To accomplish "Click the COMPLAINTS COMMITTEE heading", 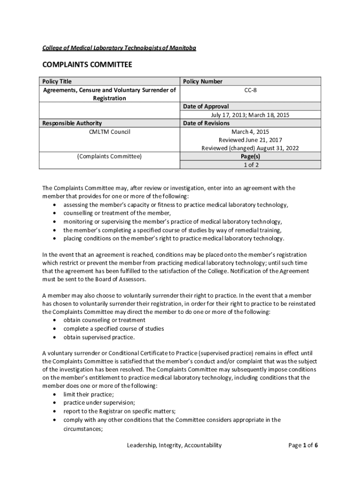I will coord(87,65).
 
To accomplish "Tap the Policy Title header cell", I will coord(57,81).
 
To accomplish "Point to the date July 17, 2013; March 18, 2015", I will coord(250,115).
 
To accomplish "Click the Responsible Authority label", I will coord(72,123).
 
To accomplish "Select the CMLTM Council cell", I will coord(109,132).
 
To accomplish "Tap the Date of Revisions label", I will coord(206,123).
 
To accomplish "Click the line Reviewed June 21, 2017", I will coord(250,140).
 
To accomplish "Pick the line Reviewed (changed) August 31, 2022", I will coord(250,148).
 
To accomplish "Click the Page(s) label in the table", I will coord(250,156).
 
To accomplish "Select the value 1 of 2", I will coord(250,165).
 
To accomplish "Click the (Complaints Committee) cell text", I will coord(109,156).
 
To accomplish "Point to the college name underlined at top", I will coord(119,48).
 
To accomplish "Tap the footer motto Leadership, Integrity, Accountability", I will coord(174,445).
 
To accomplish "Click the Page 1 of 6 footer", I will coord(303,445).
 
